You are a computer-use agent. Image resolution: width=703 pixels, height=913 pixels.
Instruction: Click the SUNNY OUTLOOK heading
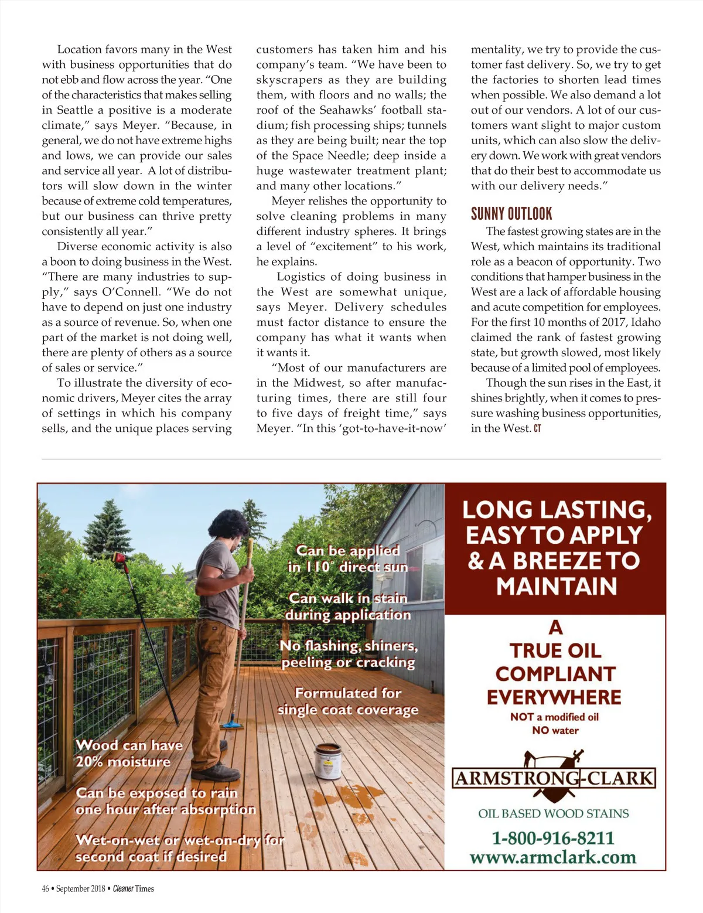(511, 214)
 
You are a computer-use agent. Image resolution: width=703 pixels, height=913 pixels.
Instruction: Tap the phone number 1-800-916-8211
(553, 837)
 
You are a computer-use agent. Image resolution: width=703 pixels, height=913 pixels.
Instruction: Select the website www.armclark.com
(553, 857)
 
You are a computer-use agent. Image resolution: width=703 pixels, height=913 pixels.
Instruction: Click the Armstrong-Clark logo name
(554, 778)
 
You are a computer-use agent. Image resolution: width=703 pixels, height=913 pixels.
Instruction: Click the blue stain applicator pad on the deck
(233, 724)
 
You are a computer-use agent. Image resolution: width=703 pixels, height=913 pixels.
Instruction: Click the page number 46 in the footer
(45, 888)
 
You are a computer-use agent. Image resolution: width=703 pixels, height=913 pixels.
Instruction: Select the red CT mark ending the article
(537, 428)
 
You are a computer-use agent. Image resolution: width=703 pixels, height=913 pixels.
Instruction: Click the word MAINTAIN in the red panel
(556, 586)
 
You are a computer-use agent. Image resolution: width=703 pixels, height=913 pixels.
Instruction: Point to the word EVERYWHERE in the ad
(554, 697)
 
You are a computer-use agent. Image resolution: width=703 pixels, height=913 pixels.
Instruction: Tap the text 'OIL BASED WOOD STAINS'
(554, 813)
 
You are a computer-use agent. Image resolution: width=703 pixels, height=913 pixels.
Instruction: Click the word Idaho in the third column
(646, 322)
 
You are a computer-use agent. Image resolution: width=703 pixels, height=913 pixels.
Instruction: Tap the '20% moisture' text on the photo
(123, 762)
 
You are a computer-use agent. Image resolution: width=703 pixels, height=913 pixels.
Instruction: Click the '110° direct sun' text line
(348, 567)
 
